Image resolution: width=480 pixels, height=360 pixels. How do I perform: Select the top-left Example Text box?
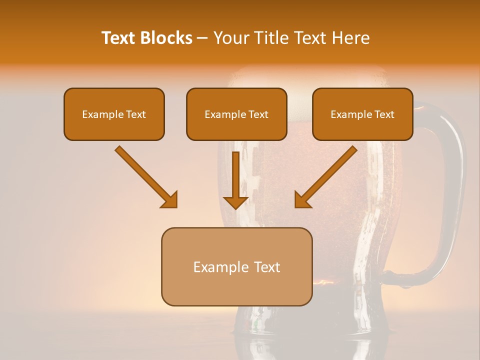point(114,114)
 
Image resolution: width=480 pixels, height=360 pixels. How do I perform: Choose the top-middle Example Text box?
point(236,114)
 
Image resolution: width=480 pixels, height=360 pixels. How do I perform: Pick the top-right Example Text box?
point(362,114)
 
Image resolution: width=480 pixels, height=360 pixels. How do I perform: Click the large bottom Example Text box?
point(236,266)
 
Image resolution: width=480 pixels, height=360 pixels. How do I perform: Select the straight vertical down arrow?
point(236,180)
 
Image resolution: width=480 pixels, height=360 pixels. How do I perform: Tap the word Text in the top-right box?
point(384,114)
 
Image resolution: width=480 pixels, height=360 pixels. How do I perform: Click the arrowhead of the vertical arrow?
point(236,201)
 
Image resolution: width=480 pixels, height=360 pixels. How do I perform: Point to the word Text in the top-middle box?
point(258,114)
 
